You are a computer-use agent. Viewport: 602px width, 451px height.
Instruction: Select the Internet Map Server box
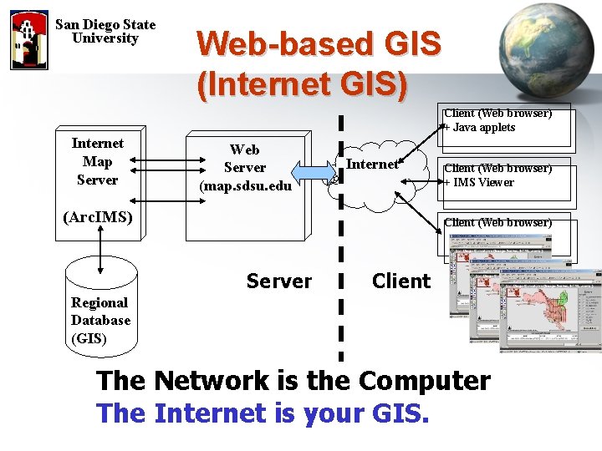tap(97, 162)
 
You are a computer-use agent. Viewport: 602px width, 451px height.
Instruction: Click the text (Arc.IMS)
tap(97, 217)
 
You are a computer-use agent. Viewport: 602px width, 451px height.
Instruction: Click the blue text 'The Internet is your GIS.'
tap(263, 413)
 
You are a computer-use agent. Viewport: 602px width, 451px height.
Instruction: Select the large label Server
tap(279, 281)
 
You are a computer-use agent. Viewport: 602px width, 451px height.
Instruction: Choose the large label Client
tap(401, 281)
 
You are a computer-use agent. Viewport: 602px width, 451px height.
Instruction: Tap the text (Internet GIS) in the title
tap(303, 84)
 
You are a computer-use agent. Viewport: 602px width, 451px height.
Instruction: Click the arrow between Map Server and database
tap(99, 248)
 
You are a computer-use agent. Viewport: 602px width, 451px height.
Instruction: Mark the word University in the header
tap(105, 38)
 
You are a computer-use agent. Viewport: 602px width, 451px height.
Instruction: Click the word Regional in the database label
tap(99, 302)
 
